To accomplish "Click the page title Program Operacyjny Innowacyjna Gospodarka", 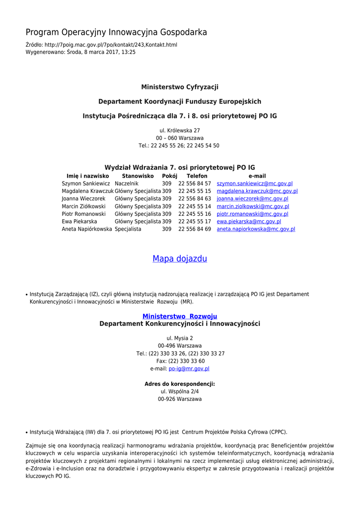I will (116, 32).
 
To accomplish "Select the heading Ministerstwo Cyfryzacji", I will (180, 87).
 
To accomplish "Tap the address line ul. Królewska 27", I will (180, 130).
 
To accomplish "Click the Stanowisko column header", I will (138, 176).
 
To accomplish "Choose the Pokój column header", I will (169, 176).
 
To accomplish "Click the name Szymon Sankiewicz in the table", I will (86, 184).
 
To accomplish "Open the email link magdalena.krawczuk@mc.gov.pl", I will (257, 191).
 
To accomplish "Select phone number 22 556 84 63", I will (195, 198).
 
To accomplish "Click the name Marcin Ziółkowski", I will (83, 206).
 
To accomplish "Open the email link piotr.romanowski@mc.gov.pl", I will (253, 214).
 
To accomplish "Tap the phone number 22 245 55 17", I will (195, 221).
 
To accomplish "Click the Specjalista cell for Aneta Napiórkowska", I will (128, 229).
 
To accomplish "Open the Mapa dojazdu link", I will (180, 258).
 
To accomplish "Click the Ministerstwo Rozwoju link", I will (180, 316).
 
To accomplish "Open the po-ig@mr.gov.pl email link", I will (189, 369).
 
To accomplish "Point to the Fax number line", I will (180, 361).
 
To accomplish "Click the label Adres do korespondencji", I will (180, 384).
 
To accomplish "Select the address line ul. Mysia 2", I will (180, 338).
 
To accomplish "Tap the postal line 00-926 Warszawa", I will (180, 399).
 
